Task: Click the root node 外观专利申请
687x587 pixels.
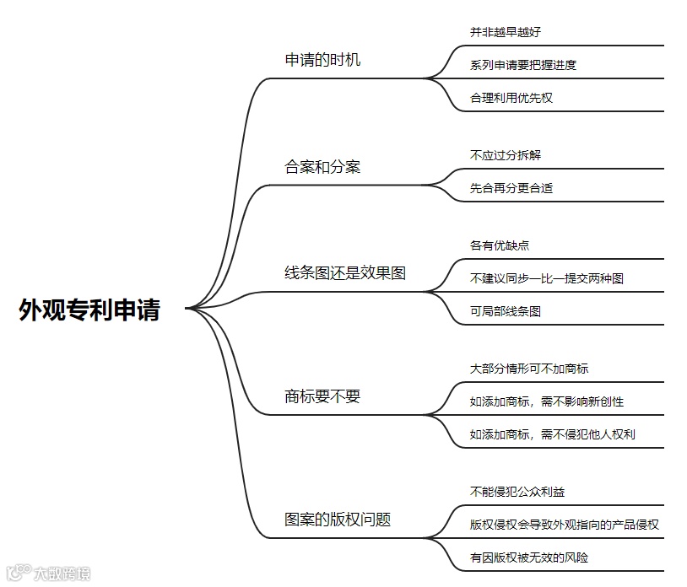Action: tap(89, 310)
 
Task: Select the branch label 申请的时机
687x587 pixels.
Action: tap(322, 60)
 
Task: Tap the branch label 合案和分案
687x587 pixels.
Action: tap(322, 167)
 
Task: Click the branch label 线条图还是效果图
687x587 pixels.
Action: tap(345, 273)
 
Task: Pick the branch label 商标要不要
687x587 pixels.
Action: tap(322, 396)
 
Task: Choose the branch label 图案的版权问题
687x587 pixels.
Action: tap(338, 520)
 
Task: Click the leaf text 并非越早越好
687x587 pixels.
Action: tap(506, 32)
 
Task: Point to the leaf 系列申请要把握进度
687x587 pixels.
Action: tap(523, 65)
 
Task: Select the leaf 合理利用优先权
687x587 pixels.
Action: tap(511, 98)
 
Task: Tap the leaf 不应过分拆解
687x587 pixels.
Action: tap(506, 155)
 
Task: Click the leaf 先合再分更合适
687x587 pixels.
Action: tap(511, 188)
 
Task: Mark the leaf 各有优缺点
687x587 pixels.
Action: tap(500, 245)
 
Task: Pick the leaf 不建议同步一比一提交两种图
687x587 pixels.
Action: tap(547, 278)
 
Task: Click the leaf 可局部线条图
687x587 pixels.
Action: tap(506, 311)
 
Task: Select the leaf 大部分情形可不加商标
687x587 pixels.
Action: tap(529, 369)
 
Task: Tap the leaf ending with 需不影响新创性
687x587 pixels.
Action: tap(547, 401)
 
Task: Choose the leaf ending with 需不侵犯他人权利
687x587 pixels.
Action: tap(553, 434)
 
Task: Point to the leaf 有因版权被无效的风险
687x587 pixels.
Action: tap(529, 557)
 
